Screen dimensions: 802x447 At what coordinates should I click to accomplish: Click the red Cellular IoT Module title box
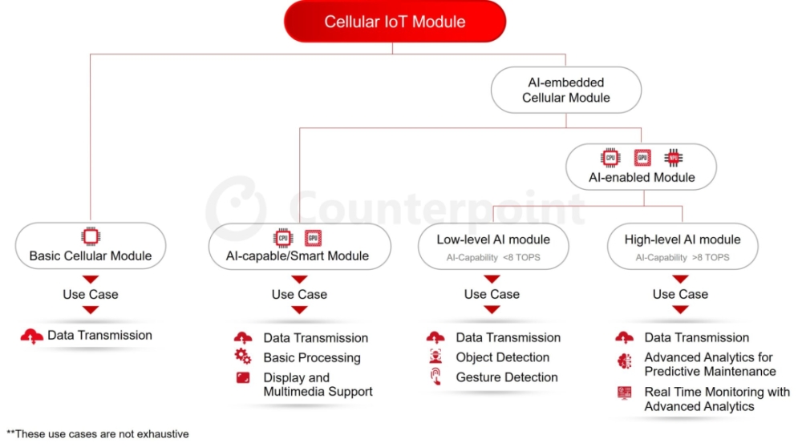[x=395, y=22]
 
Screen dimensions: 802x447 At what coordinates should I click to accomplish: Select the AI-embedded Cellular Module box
[x=566, y=90]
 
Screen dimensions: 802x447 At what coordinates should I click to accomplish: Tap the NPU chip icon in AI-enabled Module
[x=673, y=158]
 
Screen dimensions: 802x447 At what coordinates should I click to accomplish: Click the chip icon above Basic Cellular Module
[x=91, y=236]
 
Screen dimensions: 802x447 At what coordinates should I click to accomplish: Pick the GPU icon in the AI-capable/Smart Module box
[x=313, y=238]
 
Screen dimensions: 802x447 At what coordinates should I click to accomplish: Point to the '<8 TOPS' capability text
[x=521, y=257]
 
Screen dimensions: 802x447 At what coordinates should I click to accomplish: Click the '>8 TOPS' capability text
[x=711, y=257]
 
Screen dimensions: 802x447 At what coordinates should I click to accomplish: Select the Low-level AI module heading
[x=493, y=240]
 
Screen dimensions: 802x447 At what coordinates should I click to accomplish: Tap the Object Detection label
[x=502, y=357]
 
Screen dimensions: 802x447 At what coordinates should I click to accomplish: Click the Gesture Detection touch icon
[x=435, y=377]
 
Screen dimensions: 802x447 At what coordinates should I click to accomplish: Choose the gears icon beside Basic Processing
[x=243, y=356]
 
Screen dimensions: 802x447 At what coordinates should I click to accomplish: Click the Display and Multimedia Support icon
[x=243, y=377]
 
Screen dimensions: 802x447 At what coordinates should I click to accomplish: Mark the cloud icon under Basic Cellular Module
[x=32, y=336]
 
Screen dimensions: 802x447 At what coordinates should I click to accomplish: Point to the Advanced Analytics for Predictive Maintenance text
[x=710, y=364]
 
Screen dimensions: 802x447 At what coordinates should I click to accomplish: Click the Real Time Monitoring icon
[x=624, y=393]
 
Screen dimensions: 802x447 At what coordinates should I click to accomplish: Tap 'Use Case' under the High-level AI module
[x=680, y=294]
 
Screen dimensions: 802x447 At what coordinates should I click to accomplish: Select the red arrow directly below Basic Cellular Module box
[x=91, y=280]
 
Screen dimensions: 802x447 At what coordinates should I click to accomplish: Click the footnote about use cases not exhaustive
[x=97, y=434]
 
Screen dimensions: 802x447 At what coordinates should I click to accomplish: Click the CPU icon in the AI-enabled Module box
[x=610, y=158]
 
